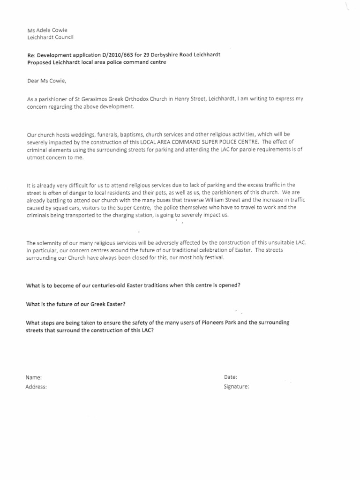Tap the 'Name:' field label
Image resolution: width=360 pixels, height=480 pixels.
(x=34, y=377)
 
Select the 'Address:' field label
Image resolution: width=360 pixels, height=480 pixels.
(x=36, y=387)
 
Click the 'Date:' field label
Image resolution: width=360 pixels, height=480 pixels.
(x=230, y=377)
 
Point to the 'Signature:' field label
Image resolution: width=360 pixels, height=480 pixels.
(x=236, y=387)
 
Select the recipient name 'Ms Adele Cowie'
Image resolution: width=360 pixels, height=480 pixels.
(x=47, y=30)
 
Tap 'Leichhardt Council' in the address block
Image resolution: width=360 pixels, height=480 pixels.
(x=50, y=37)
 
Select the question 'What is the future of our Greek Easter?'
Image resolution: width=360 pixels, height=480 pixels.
(x=75, y=304)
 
